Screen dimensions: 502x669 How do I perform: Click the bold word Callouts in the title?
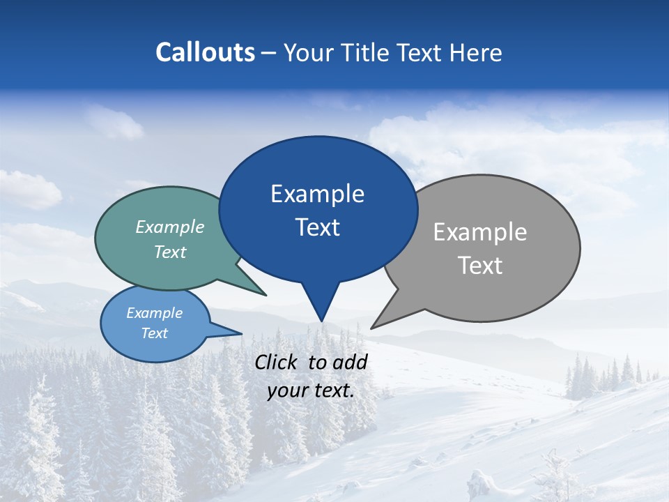(x=205, y=53)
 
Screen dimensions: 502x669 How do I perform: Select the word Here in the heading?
(x=476, y=53)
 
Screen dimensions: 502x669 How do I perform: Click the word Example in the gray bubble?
(x=480, y=232)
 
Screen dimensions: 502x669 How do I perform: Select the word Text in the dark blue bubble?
(x=318, y=227)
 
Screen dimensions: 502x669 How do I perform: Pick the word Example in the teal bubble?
(x=170, y=227)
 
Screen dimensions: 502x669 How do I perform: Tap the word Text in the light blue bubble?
(x=155, y=333)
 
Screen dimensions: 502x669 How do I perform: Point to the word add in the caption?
(x=351, y=363)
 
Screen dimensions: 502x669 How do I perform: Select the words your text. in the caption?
(x=311, y=390)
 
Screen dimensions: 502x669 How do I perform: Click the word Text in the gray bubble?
(x=480, y=266)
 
